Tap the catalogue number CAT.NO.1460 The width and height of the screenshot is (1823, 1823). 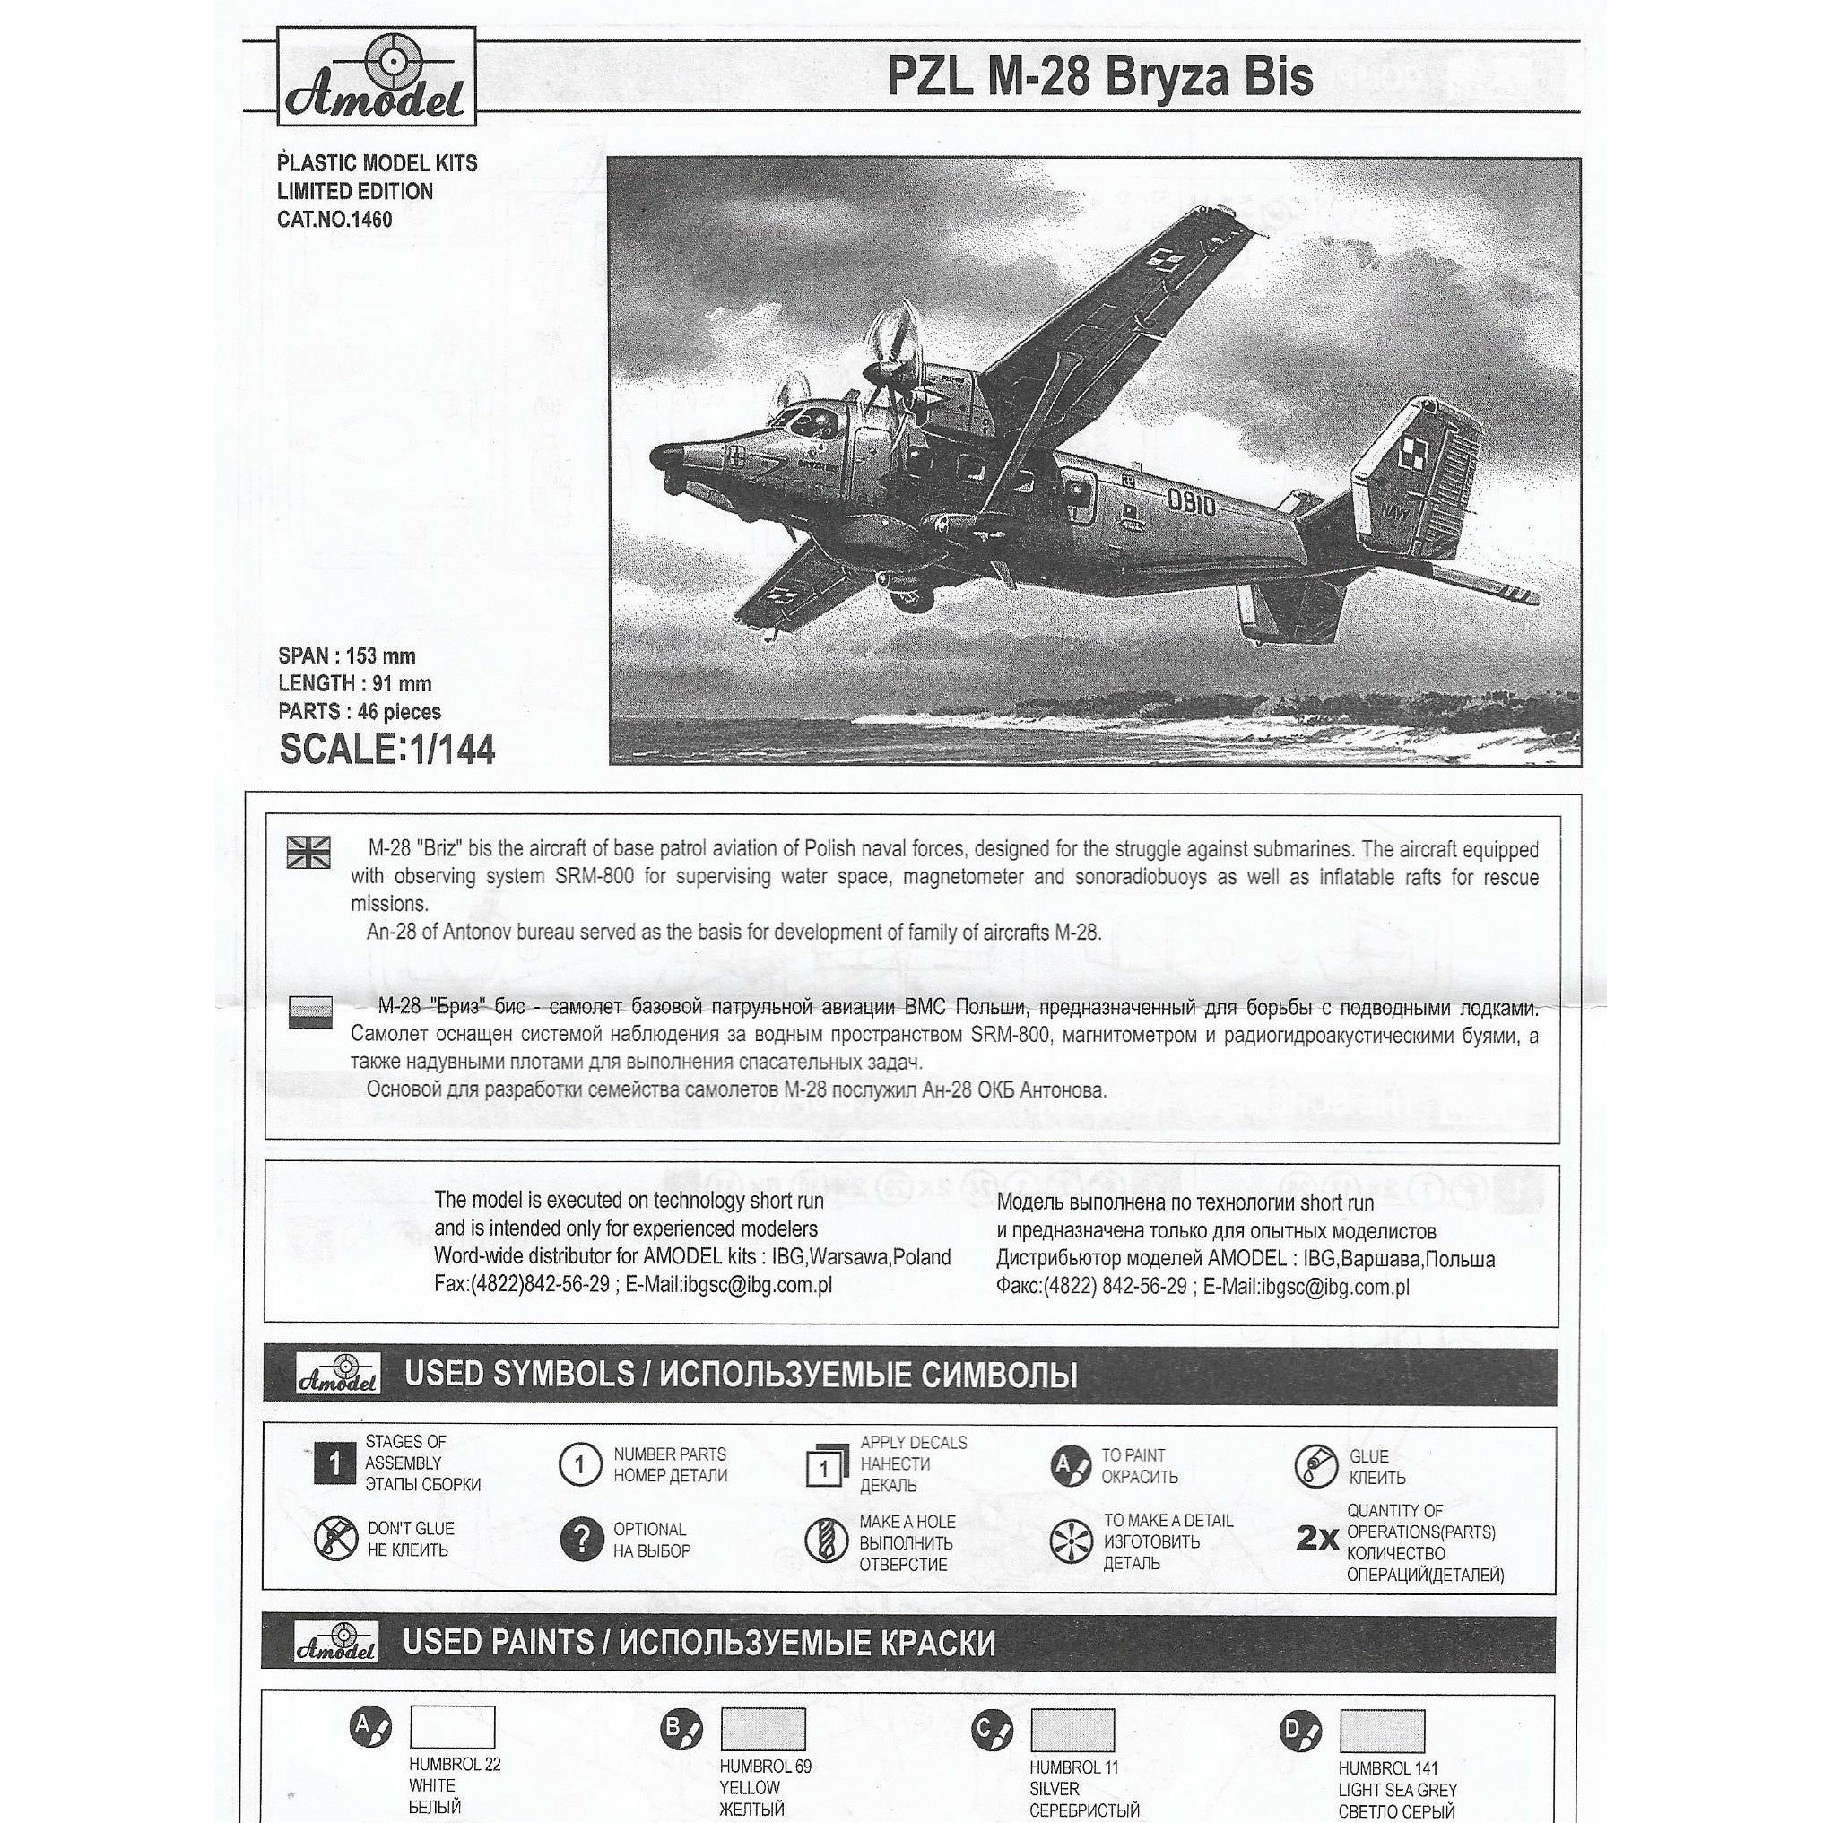click(334, 220)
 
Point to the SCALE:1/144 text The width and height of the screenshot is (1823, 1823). click(386, 750)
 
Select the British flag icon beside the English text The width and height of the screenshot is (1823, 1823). click(308, 851)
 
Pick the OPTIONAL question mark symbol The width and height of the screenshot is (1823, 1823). click(580, 1540)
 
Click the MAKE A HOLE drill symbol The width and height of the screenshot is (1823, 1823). click(824, 1541)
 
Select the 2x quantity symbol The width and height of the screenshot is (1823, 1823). click(1317, 1539)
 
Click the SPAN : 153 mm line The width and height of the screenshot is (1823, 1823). click(346, 655)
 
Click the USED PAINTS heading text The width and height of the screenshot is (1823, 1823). click(699, 1644)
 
